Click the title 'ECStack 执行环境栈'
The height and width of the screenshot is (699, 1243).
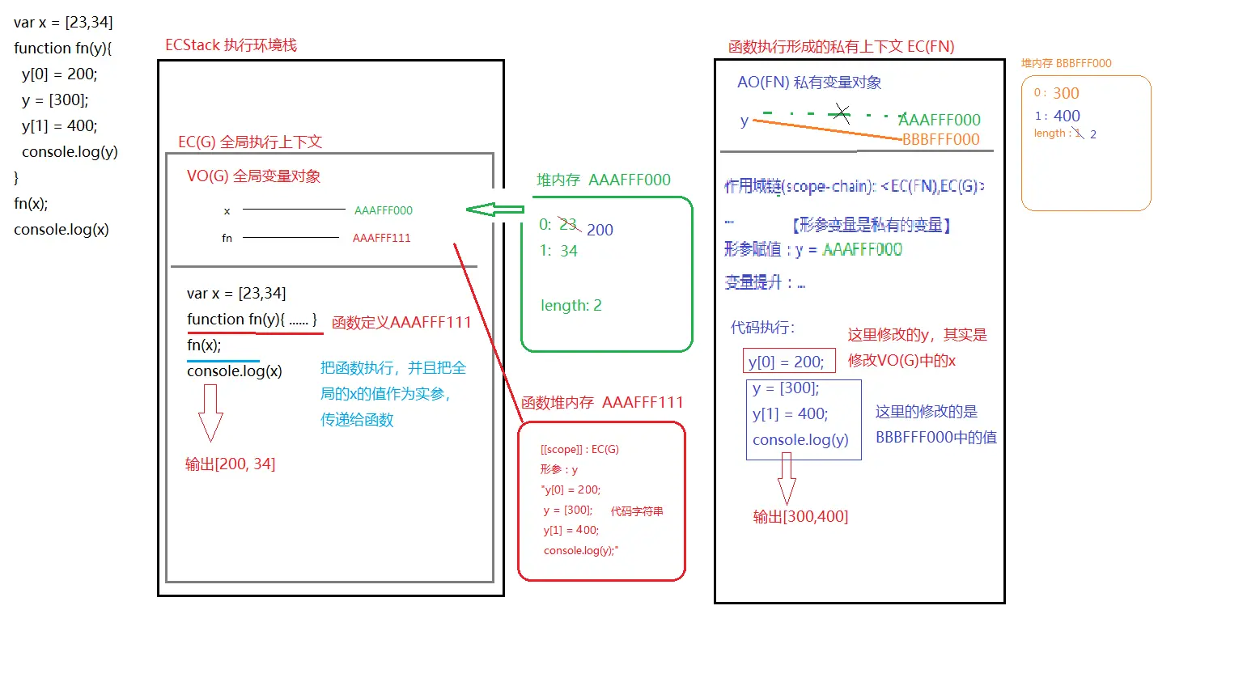pos(231,45)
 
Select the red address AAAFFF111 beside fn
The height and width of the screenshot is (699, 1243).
pos(381,238)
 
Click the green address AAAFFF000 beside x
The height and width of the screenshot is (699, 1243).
pos(383,210)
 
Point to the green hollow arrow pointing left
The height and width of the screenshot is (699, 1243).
pos(494,210)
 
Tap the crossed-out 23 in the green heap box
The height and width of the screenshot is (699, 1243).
pos(568,224)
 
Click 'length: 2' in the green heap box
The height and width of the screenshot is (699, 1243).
pos(571,305)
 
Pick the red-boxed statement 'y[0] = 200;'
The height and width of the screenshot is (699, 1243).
pos(786,362)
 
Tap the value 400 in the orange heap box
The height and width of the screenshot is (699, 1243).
pos(1067,116)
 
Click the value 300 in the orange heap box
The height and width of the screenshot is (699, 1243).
pos(1066,93)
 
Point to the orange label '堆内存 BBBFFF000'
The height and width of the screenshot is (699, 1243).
pos(1066,63)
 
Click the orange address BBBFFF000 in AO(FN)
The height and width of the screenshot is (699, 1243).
pos(940,139)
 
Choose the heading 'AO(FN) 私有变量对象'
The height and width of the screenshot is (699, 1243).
pos(808,83)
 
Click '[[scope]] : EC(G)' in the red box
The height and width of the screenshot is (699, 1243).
pos(579,449)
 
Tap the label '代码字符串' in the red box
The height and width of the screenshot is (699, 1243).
pos(637,511)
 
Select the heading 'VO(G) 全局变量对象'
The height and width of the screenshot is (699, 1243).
pos(253,176)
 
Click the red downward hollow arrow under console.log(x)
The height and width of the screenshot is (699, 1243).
pos(210,412)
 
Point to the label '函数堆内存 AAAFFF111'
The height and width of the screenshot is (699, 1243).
pos(602,402)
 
